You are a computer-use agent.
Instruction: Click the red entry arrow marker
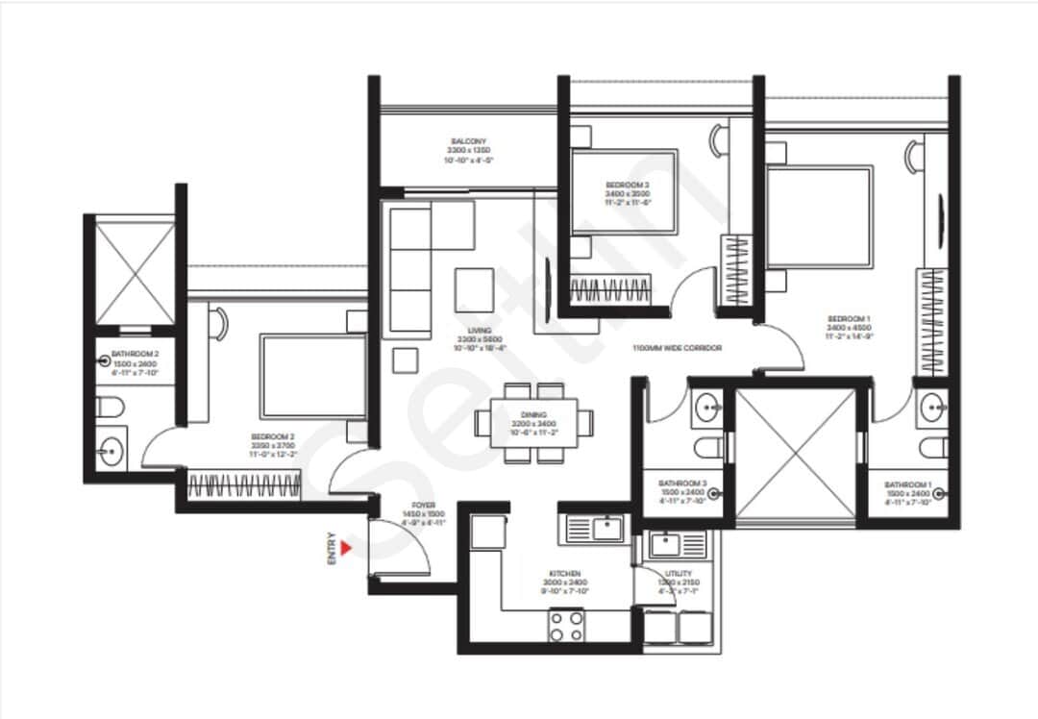click(x=347, y=547)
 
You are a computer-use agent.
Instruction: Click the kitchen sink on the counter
click(x=593, y=528)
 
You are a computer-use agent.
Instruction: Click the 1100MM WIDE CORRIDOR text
click(x=677, y=348)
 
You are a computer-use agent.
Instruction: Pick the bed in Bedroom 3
click(x=625, y=191)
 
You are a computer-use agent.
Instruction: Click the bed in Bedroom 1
click(x=820, y=216)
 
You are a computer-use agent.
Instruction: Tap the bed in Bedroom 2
click(x=313, y=377)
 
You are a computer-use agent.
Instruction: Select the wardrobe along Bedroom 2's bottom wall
click(x=244, y=484)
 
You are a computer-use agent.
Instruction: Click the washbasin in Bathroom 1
click(x=933, y=409)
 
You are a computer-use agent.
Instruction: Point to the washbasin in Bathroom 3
click(x=709, y=409)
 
